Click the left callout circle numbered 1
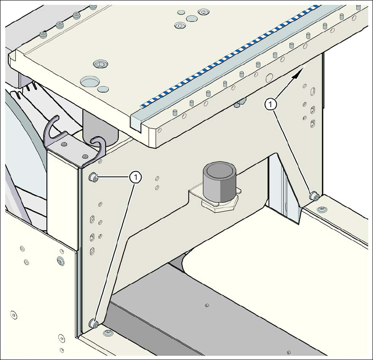point(136,177)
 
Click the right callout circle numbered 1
point(271,104)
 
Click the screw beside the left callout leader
point(93,177)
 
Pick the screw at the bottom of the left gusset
point(93,324)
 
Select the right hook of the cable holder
point(97,147)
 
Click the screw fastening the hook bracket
point(64,145)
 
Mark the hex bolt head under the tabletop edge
point(238,104)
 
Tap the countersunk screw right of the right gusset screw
point(323,209)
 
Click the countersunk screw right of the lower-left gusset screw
point(107,334)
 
